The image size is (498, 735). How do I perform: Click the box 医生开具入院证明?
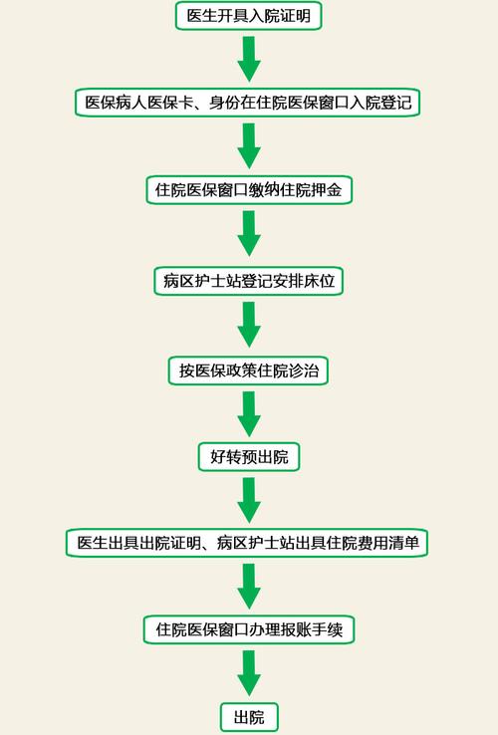(249, 15)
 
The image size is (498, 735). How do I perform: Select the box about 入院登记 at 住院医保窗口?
(249, 102)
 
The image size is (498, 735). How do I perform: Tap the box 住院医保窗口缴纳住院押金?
(249, 191)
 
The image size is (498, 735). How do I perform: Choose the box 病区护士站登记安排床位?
(249, 282)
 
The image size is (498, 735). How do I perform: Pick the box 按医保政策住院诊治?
(249, 370)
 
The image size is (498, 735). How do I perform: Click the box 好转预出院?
(249, 457)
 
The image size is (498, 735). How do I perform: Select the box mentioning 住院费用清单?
(249, 543)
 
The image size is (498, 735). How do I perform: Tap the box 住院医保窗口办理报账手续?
(249, 629)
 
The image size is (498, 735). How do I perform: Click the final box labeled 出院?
(249, 717)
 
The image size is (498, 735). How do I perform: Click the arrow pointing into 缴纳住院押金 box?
(249, 146)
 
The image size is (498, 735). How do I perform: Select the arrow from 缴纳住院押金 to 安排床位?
(249, 236)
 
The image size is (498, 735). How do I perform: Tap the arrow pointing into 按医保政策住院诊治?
(249, 326)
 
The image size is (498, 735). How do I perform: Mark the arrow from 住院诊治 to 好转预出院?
(249, 414)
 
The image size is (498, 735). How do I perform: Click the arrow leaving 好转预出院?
(249, 500)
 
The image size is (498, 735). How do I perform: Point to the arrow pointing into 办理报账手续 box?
(249, 587)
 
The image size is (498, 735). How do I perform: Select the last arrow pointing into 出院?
(249, 673)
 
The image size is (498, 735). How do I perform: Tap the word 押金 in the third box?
(328, 191)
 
